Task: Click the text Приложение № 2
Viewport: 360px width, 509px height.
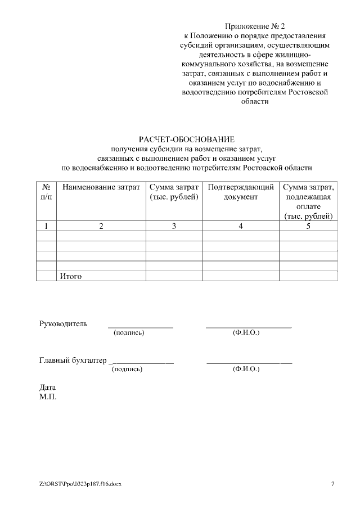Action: [x=255, y=26]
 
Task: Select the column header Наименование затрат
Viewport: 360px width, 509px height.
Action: [x=101, y=187]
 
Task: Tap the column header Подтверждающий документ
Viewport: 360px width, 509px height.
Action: [x=241, y=192]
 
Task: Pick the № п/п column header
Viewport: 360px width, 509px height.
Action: [x=46, y=192]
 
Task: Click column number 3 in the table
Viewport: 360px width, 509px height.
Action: [x=174, y=226]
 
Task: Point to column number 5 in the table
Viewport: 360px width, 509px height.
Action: [x=308, y=226]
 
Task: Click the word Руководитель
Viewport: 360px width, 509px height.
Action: [x=64, y=323]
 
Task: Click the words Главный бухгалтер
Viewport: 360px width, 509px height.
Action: [x=73, y=360]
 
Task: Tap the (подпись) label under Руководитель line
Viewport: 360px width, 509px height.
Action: [x=129, y=333]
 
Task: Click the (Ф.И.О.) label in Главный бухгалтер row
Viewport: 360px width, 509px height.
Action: [x=246, y=370]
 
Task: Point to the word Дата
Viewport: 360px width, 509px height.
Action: [x=48, y=388]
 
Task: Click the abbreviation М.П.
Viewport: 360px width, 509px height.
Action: [x=48, y=397]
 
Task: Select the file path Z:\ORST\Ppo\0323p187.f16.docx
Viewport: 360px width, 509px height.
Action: [x=80, y=484]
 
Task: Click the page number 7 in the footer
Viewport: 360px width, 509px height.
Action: [x=332, y=484]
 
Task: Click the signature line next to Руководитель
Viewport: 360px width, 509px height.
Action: [x=140, y=326]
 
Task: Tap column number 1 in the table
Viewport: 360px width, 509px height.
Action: [x=46, y=226]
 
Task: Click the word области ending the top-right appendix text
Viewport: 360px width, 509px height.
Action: [x=255, y=102]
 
